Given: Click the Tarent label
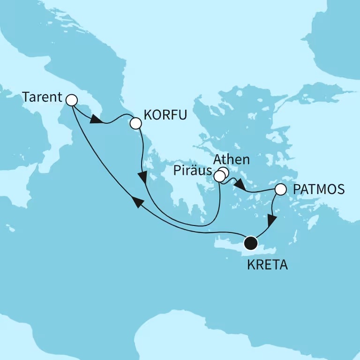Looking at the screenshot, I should pos(42,98).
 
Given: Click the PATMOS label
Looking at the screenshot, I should pos(318,190).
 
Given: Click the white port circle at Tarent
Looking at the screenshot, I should pos(71,100).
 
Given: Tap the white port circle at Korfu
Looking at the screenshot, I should pos(135,123).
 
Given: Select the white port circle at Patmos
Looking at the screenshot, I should pos(280,190).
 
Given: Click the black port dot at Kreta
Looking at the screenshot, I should pos(251,243).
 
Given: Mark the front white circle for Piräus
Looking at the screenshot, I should pos(219,176).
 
